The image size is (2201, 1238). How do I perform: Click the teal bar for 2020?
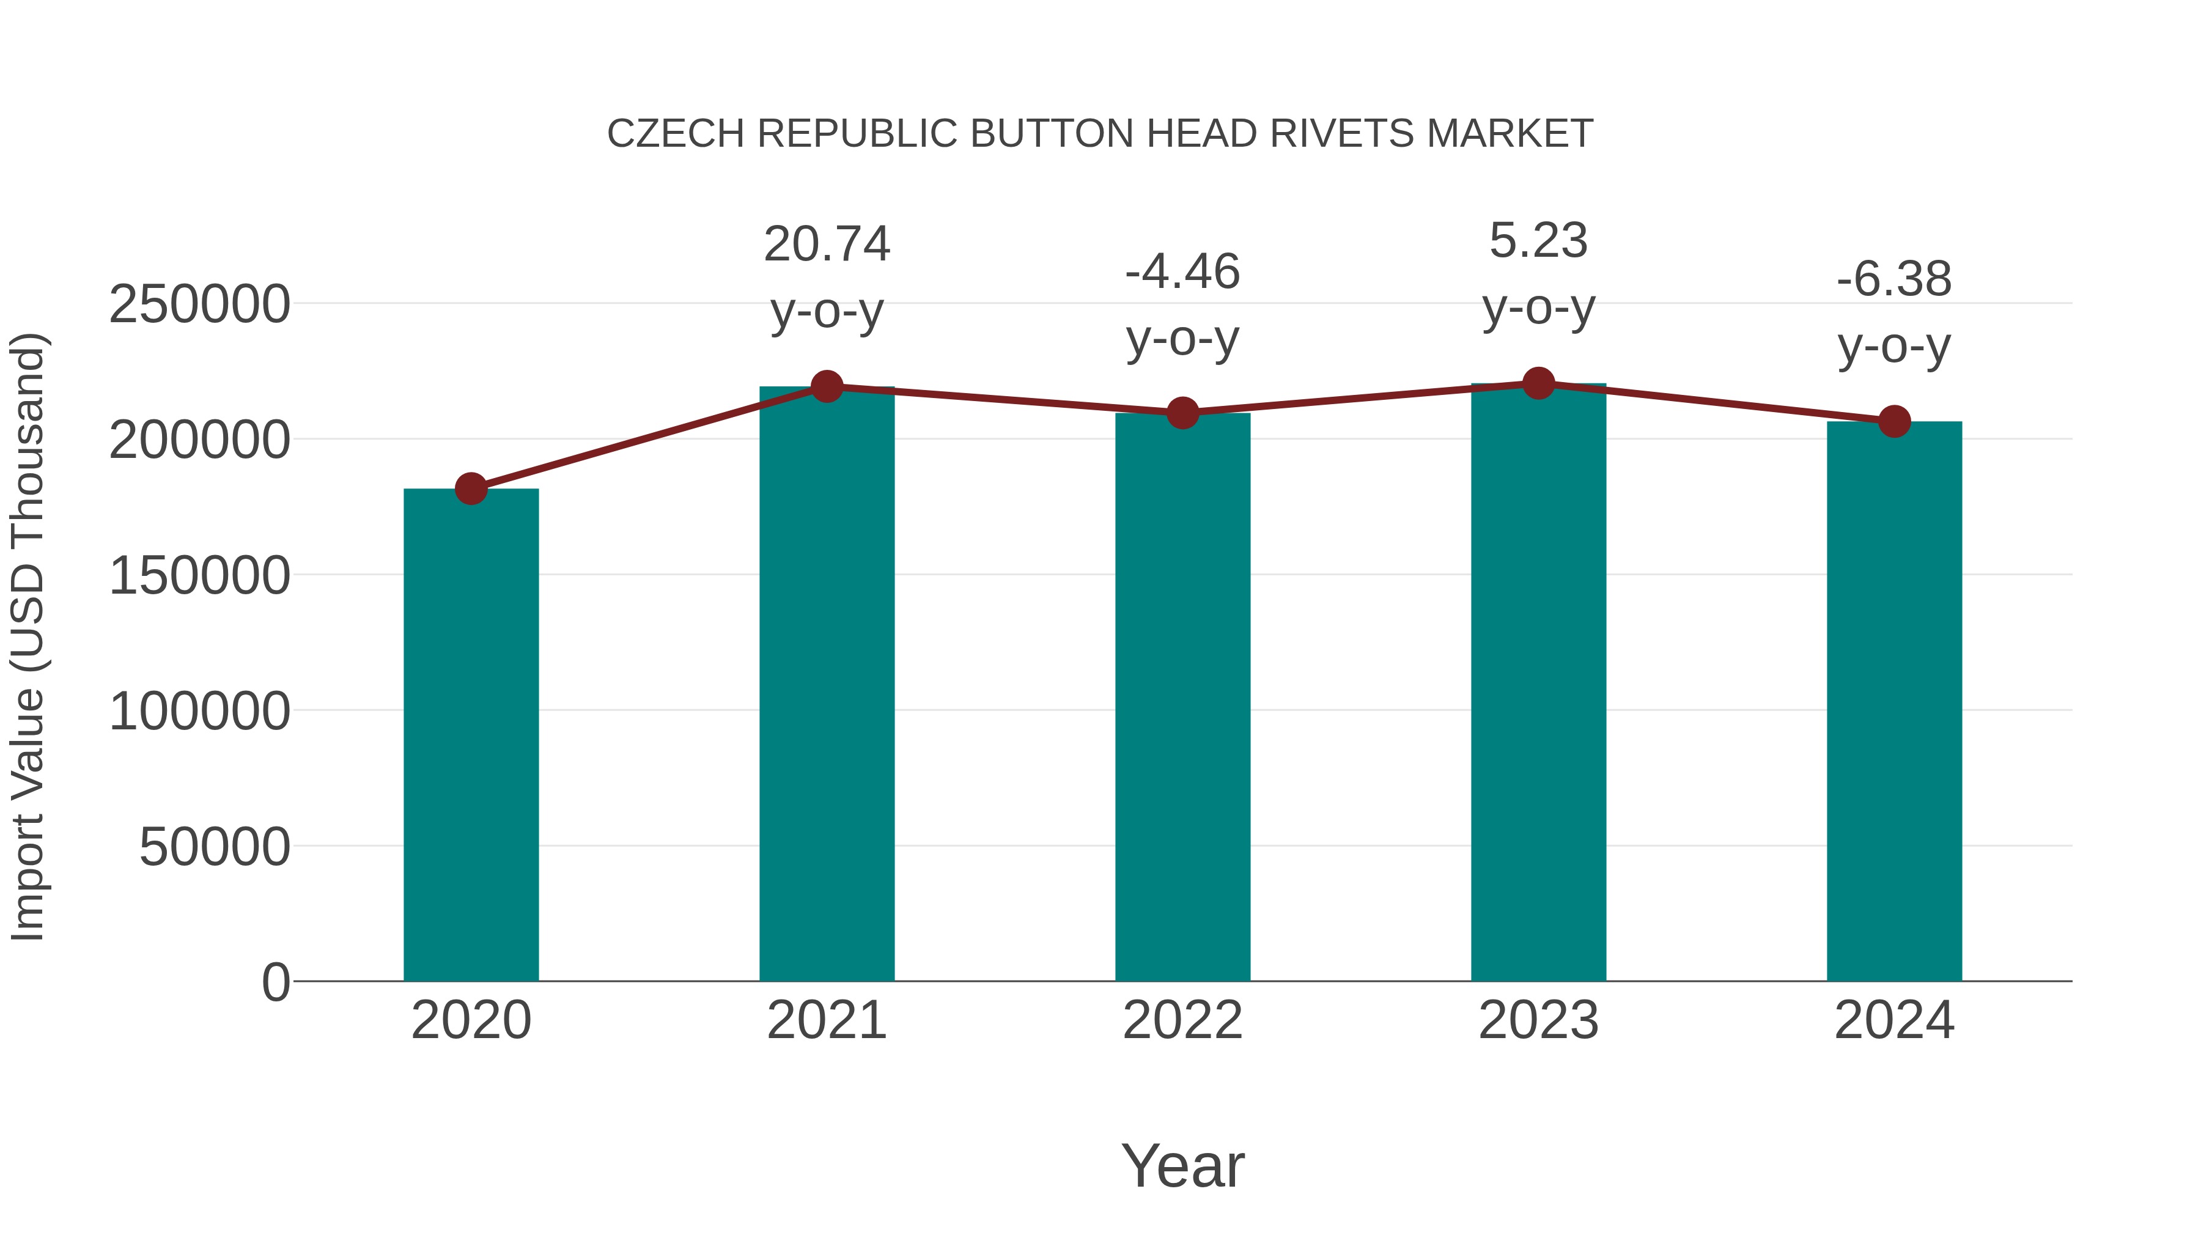pyautogui.click(x=471, y=735)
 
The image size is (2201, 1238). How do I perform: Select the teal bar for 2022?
pyautogui.click(x=1182, y=696)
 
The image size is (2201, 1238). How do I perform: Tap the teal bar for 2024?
pyautogui.click(x=1894, y=701)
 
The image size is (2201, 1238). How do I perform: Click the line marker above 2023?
pyautogui.click(x=1539, y=383)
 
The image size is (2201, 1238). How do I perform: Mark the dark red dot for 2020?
pyautogui.click(x=471, y=488)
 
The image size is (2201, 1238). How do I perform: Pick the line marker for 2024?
pyautogui.click(x=1894, y=421)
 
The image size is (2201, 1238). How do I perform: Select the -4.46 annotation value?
pyautogui.click(x=1182, y=273)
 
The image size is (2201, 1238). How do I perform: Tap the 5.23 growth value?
pyautogui.click(x=1539, y=241)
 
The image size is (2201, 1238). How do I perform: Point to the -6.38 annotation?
pyautogui.click(x=1894, y=279)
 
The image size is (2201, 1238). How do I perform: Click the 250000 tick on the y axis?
pyautogui.click(x=200, y=304)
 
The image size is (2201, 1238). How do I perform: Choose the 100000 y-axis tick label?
pyautogui.click(x=200, y=711)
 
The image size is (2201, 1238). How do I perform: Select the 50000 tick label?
pyautogui.click(x=215, y=847)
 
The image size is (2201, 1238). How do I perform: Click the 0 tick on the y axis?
pyautogui.click(x=276, y=982)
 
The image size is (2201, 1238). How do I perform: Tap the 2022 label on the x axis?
pyautogui.click(x=1182, y=1020)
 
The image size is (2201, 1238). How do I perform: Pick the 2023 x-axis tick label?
pyautogui.click(x=1539, y=1020)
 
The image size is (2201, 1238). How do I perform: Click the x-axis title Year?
pyautogui.click(x=1182, y=1165)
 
